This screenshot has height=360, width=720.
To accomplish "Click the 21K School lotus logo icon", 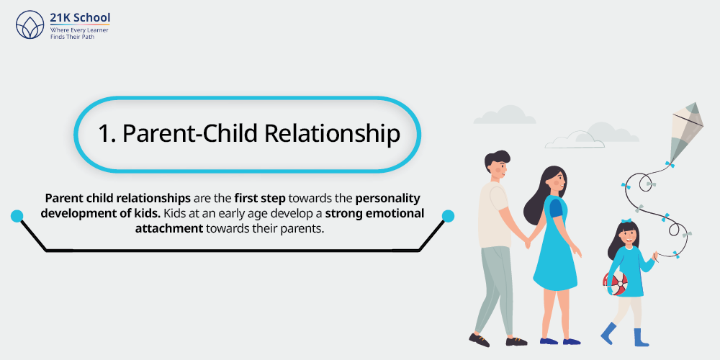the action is point(30,24).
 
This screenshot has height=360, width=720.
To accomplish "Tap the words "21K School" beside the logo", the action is point(81,17).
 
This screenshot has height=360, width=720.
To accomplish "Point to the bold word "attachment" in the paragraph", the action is point(169,228).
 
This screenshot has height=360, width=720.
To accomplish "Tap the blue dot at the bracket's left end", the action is point(17,216).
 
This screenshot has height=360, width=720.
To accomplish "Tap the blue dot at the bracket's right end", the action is point(448,216).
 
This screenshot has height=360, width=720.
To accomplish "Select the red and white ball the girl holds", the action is point(615,283).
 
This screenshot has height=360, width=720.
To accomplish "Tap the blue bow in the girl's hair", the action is point(626,222).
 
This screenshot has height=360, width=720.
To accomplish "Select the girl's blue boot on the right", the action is point(641,337).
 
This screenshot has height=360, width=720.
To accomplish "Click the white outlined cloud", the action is point(575,140).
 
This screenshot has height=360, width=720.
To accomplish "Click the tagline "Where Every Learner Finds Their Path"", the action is point(79,33).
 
